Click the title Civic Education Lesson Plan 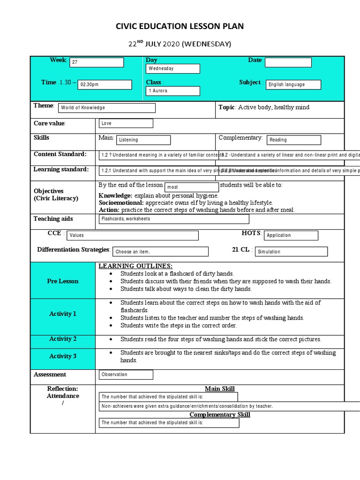[180, 26]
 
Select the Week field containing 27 [97, 63]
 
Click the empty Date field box [288, 62]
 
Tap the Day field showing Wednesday [172, 68]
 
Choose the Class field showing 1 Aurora [172, 91]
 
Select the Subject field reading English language [293, 85]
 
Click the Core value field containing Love [126, 124]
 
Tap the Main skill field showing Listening [143, 140]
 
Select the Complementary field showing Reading [294, 140]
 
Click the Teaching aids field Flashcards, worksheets [174, 219]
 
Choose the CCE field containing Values [132, 235]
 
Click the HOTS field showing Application [291, 236]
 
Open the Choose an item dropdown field [160, 252]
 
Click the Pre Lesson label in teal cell [63, 281]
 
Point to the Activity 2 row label [63, 339]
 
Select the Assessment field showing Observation [126, 375]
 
